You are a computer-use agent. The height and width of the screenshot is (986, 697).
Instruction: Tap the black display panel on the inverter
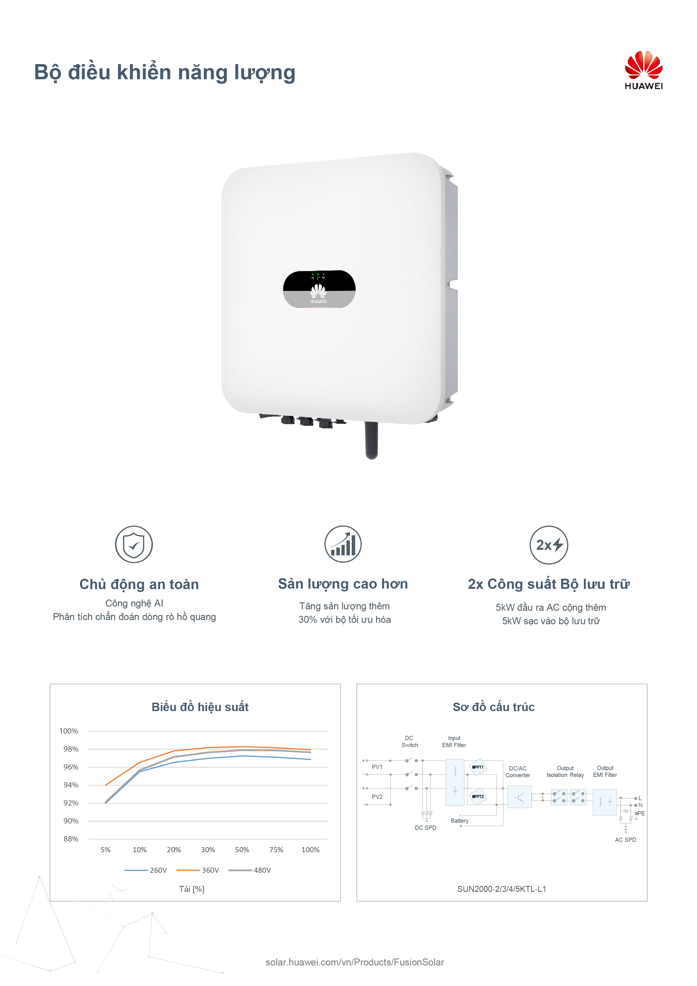point(319,289)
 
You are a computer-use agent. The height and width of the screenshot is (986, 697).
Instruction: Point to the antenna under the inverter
point(372,440)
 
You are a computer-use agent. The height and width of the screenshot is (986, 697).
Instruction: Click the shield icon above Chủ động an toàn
point(134,544)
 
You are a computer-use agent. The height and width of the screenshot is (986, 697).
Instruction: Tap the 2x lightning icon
point(549,544)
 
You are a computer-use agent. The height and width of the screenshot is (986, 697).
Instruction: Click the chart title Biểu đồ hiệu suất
point(200,707)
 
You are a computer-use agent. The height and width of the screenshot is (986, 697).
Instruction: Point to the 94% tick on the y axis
point(71,785)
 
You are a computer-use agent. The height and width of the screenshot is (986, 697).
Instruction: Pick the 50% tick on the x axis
point(242,850)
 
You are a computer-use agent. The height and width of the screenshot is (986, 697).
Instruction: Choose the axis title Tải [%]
point(192,889)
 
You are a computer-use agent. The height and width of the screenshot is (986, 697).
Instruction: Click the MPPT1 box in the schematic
point(478,767)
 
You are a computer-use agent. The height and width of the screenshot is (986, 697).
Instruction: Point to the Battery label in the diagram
point(460,821)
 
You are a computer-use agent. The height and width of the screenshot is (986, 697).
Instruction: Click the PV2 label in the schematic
point(377,797)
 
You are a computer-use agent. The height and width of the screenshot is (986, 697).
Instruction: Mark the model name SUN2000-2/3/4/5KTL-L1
point(502,889)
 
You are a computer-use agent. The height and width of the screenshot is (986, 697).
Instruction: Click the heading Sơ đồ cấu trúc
point(494,707)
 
